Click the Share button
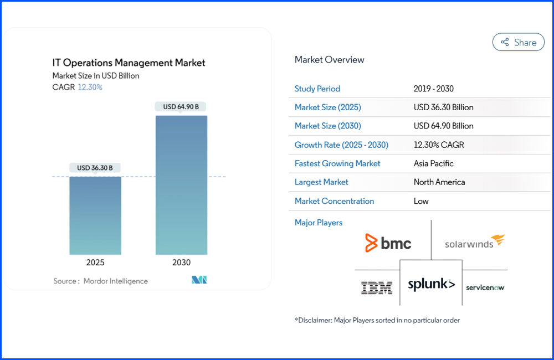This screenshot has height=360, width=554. [519, 42]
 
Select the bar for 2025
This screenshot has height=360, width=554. [95, 215]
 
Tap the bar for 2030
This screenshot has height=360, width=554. [181, 185]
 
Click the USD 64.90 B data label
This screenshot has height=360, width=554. [181, 106]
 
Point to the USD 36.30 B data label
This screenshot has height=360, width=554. [95, 168]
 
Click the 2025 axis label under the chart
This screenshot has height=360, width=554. [95, 263]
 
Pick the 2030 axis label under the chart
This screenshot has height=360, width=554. [181, 263]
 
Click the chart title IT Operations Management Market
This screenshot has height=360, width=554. [129, 63]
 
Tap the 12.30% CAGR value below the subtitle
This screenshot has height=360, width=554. [90, 87]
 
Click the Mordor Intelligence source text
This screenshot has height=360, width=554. [115, 281]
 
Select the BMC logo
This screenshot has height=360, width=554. [388, 243]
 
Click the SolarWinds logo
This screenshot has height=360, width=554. [475, 242]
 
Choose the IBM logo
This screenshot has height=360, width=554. [377, 287]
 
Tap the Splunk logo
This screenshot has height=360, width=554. [431, 285]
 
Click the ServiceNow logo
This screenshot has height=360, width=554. [485, 287]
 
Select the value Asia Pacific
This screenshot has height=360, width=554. [433, 163]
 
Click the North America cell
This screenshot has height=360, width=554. [439, 182]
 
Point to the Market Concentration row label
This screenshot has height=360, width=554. [334, 201]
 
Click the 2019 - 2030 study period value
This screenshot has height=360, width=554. [433, 89]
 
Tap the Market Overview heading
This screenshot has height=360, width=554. [329, 60]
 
